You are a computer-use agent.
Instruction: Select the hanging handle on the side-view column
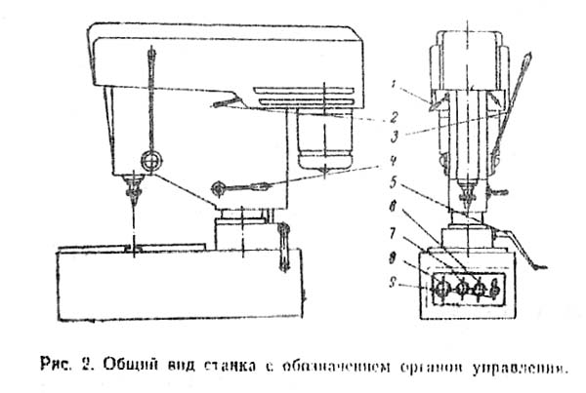284,244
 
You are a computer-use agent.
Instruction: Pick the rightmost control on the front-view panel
496,289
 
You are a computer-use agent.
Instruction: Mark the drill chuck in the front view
465,177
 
